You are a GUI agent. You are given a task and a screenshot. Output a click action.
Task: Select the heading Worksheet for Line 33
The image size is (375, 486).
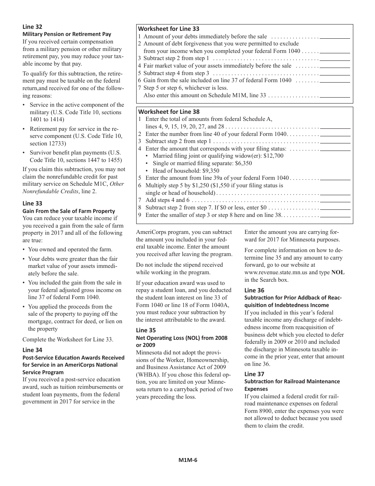(169, 29)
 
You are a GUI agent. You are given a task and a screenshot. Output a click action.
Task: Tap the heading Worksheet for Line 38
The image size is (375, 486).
(169, 112)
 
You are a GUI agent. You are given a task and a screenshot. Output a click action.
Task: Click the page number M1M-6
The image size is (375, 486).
(187, 460)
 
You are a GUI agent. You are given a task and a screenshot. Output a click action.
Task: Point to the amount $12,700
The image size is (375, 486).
(273, 156)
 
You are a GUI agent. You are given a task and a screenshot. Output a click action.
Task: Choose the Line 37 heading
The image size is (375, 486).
(254, 374)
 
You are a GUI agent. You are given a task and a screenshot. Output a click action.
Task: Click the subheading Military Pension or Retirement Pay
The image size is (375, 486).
(67, 34)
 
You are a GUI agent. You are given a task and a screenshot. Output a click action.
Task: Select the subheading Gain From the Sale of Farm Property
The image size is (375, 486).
(69, 211)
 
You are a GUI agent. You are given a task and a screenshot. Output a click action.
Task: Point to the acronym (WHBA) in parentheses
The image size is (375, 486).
(147, 375)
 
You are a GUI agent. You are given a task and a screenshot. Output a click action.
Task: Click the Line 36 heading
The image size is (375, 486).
(254, 290)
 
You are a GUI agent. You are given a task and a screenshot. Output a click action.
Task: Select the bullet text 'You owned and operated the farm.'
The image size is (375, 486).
(70, 249)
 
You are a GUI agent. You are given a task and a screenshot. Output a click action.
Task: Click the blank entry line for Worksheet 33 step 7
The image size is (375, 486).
(335, 96)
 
